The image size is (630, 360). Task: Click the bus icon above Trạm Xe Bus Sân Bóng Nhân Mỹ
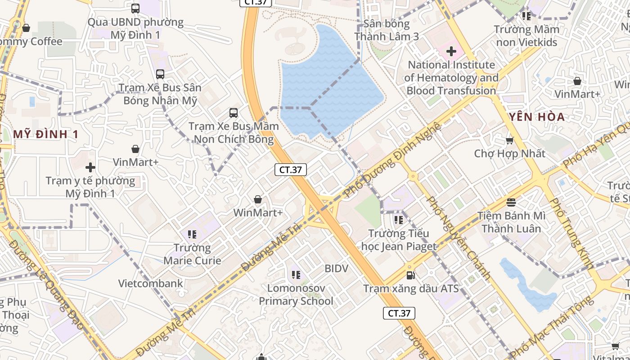pos(160,74)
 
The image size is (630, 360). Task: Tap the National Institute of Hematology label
pos(451,78)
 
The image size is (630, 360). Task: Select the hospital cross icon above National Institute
pos(451,52)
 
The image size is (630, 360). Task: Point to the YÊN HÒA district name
pos(537,117)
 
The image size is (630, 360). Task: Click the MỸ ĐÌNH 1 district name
pos(46,134)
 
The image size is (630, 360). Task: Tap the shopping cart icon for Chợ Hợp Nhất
pos(510,141)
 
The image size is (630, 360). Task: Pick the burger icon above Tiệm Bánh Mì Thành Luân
pos(511,202)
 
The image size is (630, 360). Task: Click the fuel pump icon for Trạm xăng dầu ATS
pos(410,275)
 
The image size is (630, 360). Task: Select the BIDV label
pos(337,269)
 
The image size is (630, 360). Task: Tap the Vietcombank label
pos(151,283)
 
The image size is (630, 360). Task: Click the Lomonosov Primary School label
pos(296,294)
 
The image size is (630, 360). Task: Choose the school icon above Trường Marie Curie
pos(192,234)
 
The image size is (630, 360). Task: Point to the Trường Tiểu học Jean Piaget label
pos(399,240)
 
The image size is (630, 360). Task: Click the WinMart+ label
pos(258,212)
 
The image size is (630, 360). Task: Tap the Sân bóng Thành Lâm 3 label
pos(387,30)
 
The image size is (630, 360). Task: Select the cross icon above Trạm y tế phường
pos(90,168)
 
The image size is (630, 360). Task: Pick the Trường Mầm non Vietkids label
pos(526,36)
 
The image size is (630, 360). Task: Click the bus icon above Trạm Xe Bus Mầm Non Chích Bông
pos(233,112)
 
